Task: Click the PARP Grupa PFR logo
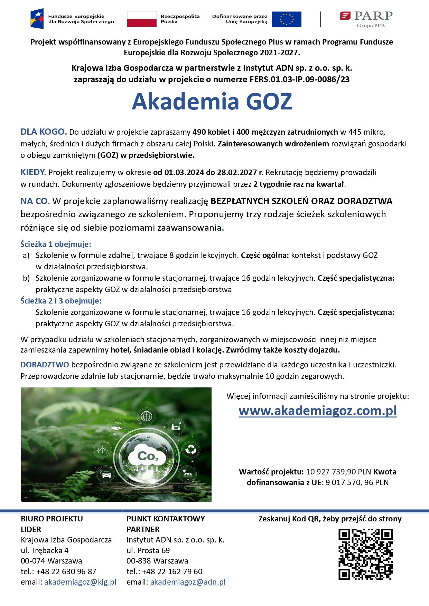pyautogui.click(x=366, y=19)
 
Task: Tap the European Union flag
pyautogui.click(x=286, y=19)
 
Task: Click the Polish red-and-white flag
pyautogui.click(x=141, y=19)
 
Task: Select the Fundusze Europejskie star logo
pyautogui.click(x=37, y=19)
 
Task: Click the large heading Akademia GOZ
pyautogui.click(x=212, y=102)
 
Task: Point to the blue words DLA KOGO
pyautogui.click(x=44, y=132)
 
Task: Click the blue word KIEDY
pyautogui.click(x=33, y=172)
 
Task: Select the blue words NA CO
pyautogui.click(x=35, y=201)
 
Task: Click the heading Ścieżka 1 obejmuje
pyautogui.click(x=56, y=244)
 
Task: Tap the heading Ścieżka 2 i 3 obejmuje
pyautogui.click(x=61, y=301)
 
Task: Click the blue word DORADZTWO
pyautogui.click(x=45, y=365)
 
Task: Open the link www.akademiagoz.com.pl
pyautogui.click(x=317, y=411)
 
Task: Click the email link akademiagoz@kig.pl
pyautogui.click(x=80, y=582)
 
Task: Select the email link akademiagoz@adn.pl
pyautogui.click(x=188, y=582)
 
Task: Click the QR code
pyautogui.click(x=365, y=554)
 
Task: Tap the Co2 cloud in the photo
pyautogui.click(x=148, y=456)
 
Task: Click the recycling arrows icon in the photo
pyautogui.click(x=190, y=450)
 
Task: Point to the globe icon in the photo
pyautogui.click(x=147, y=416)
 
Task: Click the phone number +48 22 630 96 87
pyautogui.click(x=66, y=571)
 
